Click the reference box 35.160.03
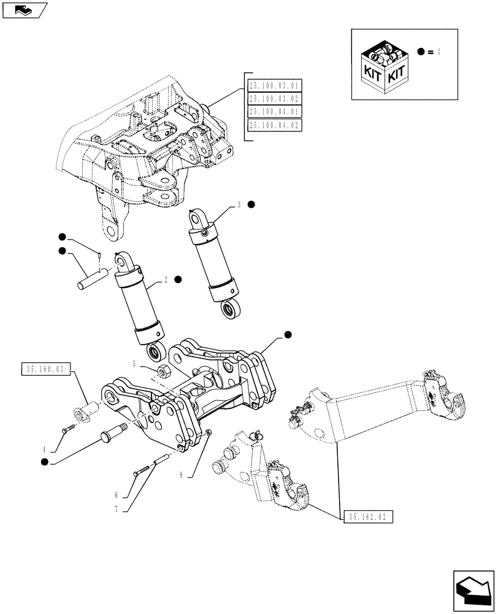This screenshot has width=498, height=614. [x=47, y=369]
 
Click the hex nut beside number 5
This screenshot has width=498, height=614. [x=164, y=370]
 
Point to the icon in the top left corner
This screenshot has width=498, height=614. [x=24, y=9]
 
